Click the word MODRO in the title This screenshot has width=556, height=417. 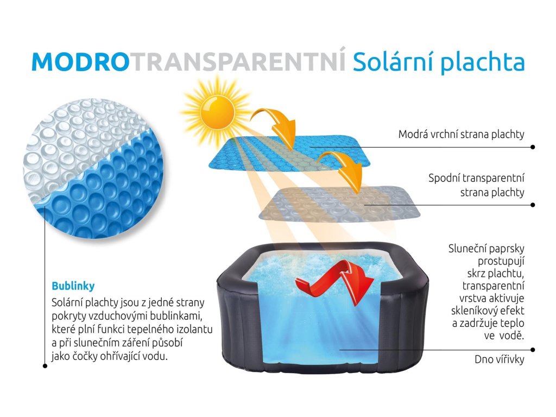coord(80,62)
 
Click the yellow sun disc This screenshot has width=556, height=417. coord(218,111)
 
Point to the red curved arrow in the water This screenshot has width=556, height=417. coord(335,282)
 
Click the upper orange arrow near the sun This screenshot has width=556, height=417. coord(275,125)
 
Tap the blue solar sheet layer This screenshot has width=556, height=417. coord(290,151)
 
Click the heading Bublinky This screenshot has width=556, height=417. coord(73,286)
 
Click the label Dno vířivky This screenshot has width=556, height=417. coord(500,359)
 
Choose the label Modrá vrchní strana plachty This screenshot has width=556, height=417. coord(461,135)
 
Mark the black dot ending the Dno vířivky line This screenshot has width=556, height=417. coord(533,350)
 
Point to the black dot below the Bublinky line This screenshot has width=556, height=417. coord(45,366)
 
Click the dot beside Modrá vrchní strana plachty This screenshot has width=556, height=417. coord(533,147)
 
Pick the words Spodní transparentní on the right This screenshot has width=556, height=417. coord(476,178)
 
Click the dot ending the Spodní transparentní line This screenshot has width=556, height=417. coord(533,205)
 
